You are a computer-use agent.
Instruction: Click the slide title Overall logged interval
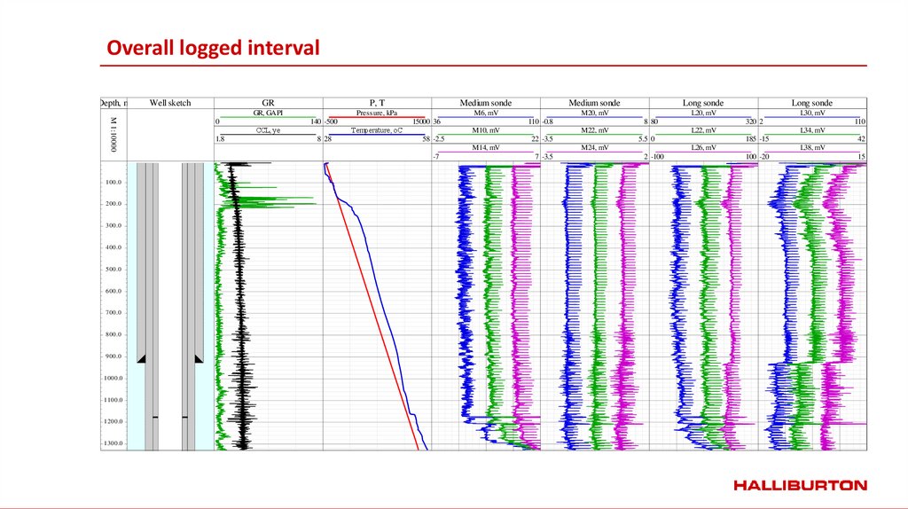[x=213, y=48]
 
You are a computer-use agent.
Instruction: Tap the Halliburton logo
[x=800, y=485]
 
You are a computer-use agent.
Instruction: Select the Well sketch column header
[x=170, y=103]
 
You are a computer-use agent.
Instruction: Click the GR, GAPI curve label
[x=268, y=113]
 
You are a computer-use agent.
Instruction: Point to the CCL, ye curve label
[x=268, y=129]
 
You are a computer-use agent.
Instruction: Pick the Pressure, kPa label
[x=377, y=113]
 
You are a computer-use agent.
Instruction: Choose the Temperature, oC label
[x=377, y=129]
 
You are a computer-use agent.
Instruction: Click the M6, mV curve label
[x=485, y=113]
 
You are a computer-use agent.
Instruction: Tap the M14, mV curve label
[x=485, y=147]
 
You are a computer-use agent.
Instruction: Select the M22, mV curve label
[x=594, y=129]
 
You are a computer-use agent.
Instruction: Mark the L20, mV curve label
[x=703, y=113]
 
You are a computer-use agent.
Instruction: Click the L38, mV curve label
[x=812, y=147]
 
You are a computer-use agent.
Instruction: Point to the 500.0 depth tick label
[x=113, y=269]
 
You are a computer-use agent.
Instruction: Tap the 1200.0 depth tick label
[x=112, y=421]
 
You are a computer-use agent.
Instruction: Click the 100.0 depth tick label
[x=113, y=182]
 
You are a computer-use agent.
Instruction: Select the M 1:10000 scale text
[x=113, y=134]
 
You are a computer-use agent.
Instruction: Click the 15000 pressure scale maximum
[x=421, y=121]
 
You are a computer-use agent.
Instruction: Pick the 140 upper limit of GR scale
[x=315, y=121]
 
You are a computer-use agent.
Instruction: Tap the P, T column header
[x=377, y=103]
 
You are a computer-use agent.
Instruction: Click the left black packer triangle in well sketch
[x=141, y=357]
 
